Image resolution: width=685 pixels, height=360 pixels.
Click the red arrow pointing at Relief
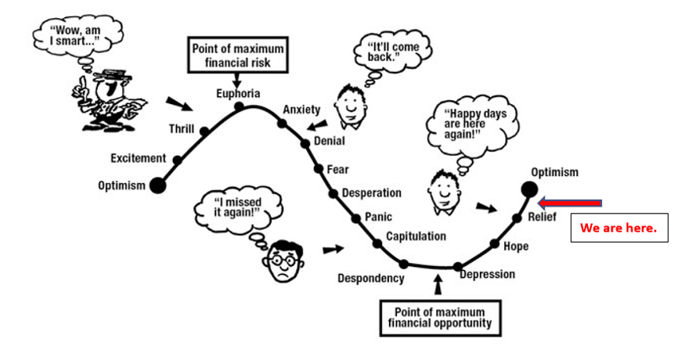click(570, 203)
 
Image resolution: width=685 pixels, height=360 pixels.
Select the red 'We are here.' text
click(618, 228)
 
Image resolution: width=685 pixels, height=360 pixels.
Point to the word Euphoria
click(238, 93)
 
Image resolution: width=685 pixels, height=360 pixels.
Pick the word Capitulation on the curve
click(416, 236)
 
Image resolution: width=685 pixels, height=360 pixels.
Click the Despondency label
click(371, 279)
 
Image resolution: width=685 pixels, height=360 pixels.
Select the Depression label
click(487, 275)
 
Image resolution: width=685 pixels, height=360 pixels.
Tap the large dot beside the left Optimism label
click(158, 185)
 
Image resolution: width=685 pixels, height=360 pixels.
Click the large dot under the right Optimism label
click(529, 190)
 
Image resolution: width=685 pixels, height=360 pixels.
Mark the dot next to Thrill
click(204, 131)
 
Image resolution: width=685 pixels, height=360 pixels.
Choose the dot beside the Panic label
click(356, 218)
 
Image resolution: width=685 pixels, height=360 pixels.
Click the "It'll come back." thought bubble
click(393, 52)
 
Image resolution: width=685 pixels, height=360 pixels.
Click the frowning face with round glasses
click(283, 261)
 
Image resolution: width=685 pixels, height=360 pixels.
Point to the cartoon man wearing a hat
click(110, 100)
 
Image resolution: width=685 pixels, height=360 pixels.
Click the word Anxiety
click(301, 110)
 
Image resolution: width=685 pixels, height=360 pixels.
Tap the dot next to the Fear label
click(319, 169)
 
